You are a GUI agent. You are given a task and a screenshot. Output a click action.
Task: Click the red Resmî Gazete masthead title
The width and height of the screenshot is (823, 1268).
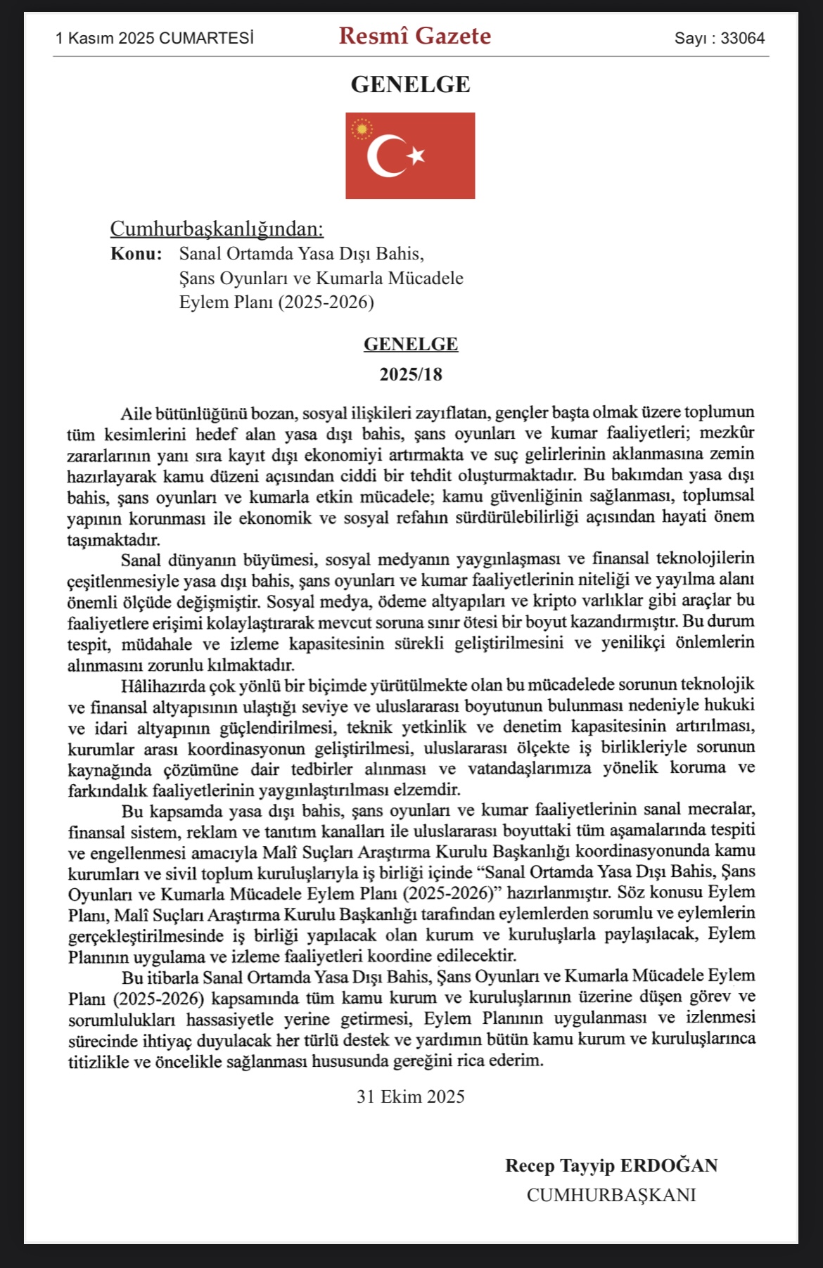[414, 36]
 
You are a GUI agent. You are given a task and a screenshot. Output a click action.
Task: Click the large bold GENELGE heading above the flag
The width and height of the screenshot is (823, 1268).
[410, 84]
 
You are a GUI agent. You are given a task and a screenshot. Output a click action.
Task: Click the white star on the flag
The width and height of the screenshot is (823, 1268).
[417, 155]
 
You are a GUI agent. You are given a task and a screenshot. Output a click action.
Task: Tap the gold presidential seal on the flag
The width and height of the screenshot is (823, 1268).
[362, 129]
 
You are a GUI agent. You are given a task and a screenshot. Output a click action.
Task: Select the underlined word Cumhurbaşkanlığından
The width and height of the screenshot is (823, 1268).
[217, 229]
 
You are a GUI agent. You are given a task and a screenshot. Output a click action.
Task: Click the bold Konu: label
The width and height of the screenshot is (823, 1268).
[136, 254]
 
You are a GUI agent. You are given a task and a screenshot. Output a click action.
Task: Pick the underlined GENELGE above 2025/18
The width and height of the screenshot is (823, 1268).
[411, 344]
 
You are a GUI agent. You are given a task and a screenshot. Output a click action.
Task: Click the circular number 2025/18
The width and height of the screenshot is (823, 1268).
[411, 374]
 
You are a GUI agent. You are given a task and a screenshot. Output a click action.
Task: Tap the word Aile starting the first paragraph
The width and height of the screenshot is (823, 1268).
[136, 413]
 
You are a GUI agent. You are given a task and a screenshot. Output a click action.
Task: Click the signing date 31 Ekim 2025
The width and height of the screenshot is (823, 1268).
[411, 1097]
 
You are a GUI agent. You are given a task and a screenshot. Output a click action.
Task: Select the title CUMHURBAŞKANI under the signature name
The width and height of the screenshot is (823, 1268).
[611, 1196]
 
